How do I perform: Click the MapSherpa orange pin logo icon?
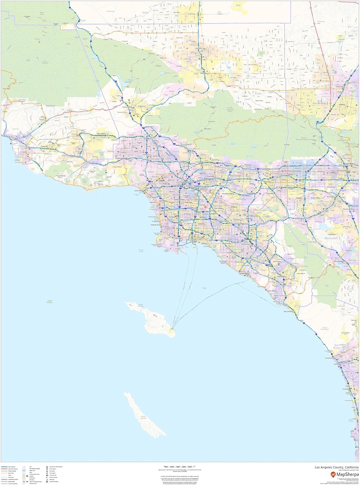[x=333, y=475]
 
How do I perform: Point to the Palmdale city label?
[x=203, y=73]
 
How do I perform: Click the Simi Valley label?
[x=101, y=134]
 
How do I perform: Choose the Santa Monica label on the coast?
[x=138, y=190]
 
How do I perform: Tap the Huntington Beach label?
[x=224, y=262]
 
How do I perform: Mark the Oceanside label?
[x=329, y=358]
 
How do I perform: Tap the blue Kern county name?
[x=144, y=13]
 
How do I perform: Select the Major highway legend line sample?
[x=5, y=467]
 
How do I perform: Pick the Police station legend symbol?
[x=47, y=469]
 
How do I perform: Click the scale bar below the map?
[x=178, y=466]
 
